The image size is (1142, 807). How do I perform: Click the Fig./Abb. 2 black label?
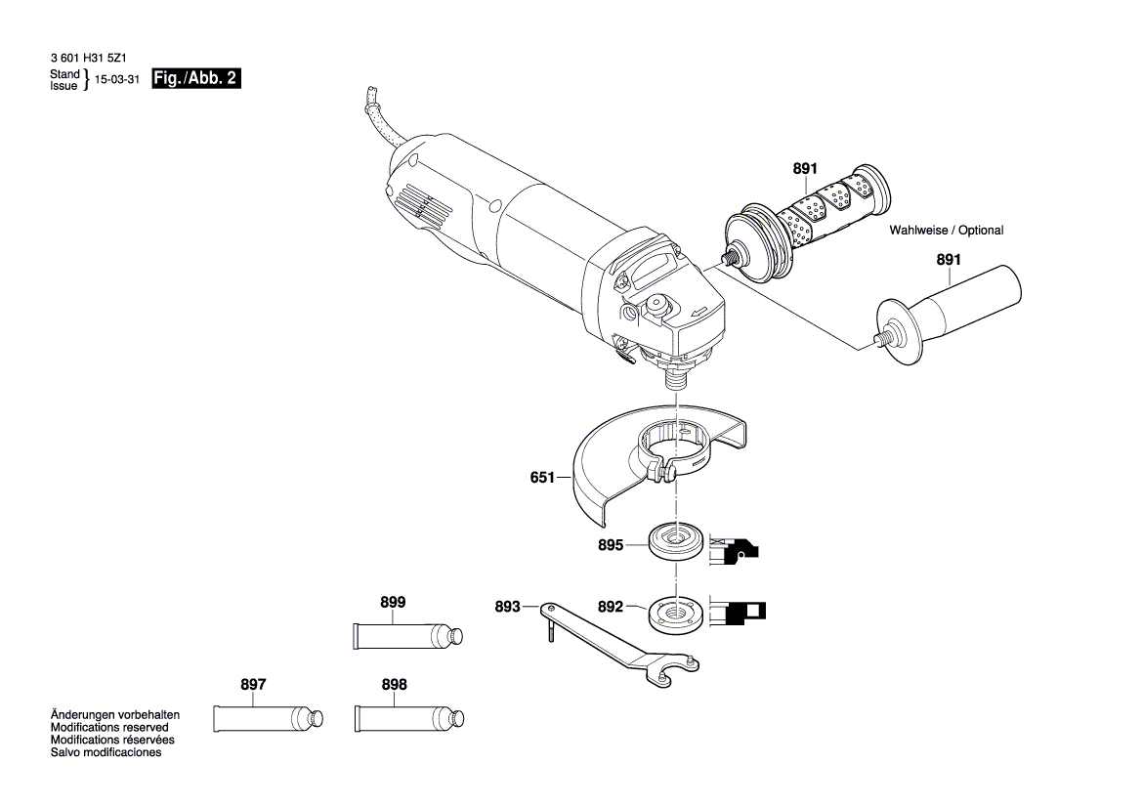click(195, 79)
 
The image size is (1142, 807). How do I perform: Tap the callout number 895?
click(611, 546)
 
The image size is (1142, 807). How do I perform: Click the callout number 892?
click(611, 607)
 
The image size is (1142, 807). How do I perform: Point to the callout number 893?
click(507, 607)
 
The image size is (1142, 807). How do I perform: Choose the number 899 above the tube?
click(392, 603)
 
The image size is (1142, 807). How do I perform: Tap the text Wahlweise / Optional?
click(946, 231)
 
